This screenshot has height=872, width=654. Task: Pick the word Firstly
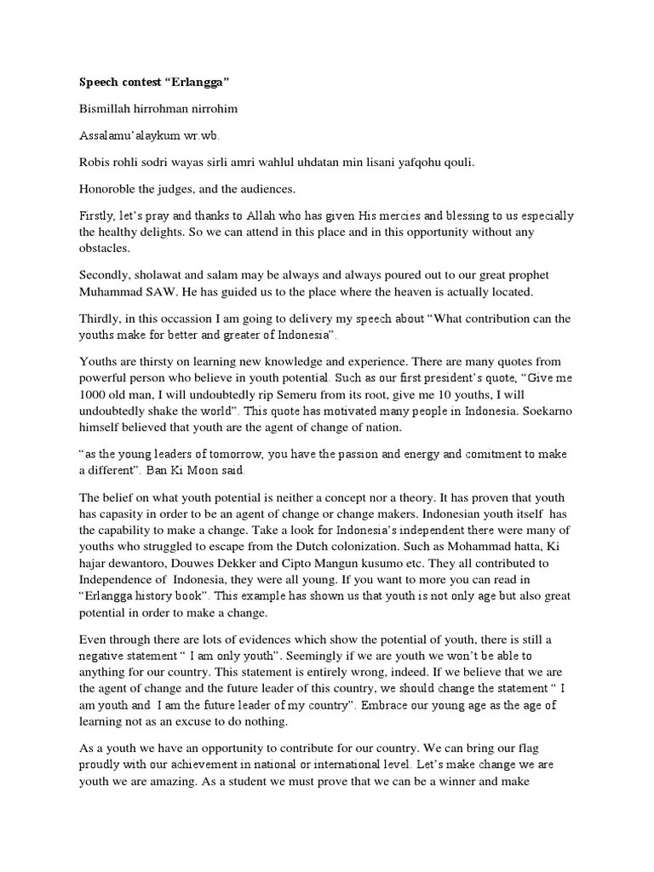tap(96, 217)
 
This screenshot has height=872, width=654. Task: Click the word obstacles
tap(106, 248)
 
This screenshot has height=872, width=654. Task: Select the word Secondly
tap(107, 275)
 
